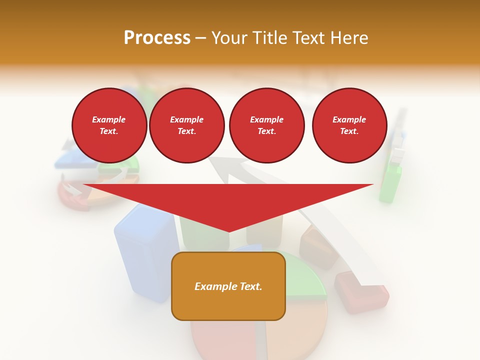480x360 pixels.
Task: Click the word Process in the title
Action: pos(157,38)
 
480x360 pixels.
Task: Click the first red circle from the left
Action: pos(109,125)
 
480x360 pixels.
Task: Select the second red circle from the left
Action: pos(186,125)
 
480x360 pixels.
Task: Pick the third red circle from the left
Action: pos(266,125)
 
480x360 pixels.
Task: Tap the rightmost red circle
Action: pos(349,125)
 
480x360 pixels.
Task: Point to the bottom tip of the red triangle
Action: pos(228,231)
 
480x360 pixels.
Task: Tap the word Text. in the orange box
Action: pos(250,286)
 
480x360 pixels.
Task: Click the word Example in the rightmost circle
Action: pos(349,119)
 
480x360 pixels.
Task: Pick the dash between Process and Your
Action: pos(201,38)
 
